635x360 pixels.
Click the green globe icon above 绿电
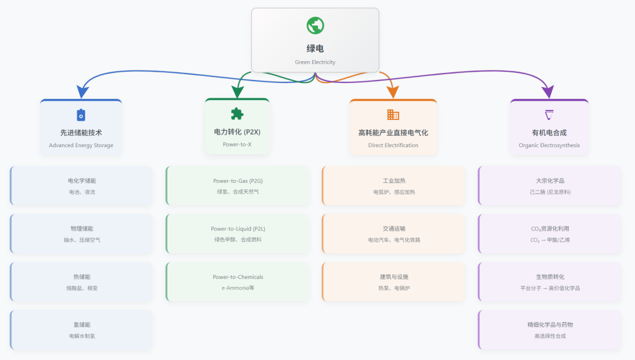[315, 25]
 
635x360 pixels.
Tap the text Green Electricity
[315, 62]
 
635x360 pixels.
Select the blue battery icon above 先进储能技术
[81, 115]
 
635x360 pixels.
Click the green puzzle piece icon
[237, 114]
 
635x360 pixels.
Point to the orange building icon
[393, 115]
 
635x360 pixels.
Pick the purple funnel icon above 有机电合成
[549, 115]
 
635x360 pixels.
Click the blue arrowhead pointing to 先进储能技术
[83, 91]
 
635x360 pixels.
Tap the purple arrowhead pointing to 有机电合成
[548, 92]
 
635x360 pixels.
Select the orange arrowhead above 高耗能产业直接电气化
[392, 92]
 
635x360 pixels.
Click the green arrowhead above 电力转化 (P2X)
[238, 91]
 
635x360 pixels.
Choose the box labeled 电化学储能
[82, 186]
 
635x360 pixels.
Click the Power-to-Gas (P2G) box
[238, 186]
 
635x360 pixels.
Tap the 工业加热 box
[394, 186]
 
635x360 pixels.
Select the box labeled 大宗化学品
[550, 186]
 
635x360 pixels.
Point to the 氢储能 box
[82, 330]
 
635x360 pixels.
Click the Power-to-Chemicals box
[238, 282]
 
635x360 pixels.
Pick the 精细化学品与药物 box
[550, 330]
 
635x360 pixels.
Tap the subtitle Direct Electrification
[393, 145]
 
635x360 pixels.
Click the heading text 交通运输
[394, 229]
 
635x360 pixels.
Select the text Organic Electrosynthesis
[549, 145]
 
